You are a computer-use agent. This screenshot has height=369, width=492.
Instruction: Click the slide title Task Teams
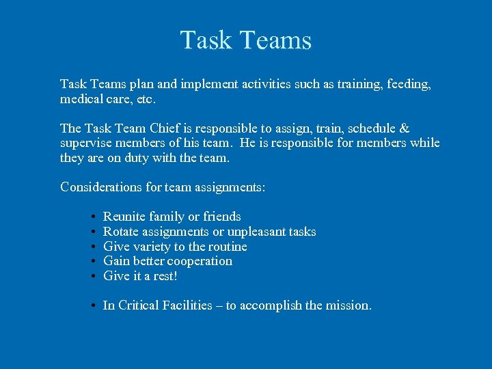tap(246, 40)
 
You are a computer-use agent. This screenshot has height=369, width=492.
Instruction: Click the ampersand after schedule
tap(405, 128)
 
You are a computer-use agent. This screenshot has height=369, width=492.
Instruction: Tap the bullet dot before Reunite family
tap(92, 217)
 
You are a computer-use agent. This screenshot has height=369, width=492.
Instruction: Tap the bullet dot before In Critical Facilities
tap(92, 306)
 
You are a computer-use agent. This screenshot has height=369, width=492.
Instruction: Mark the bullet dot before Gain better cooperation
tap(92, 262)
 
